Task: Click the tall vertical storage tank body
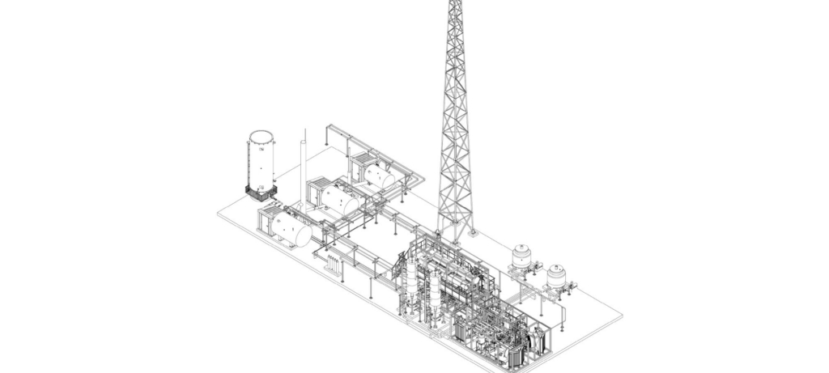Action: (261, 162)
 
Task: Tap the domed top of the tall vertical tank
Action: (261, 134)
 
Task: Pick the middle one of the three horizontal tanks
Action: (337, 198)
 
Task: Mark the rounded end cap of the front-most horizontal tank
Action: (306, 234)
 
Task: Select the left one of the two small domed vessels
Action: (520, 256)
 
